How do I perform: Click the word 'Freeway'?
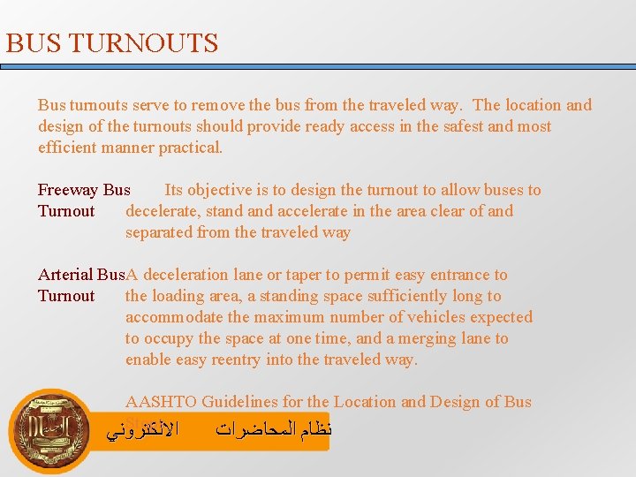pyautogui.click(x=68, y=190)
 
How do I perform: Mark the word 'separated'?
pyautogui.click(x=160, y=232)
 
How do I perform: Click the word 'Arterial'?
pyautogui.click(x=66, y=275)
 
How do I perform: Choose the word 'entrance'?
pyautogui.click(x=462, y=275)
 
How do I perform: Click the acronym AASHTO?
pyautogui.click(x=161, y=402)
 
